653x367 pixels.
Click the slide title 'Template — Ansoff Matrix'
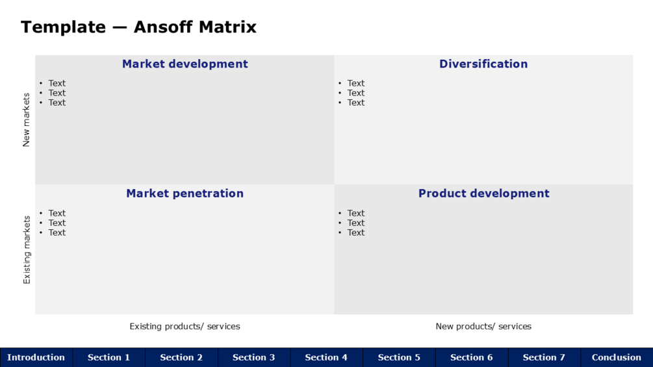pos(138,27)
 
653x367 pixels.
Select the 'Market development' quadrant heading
pos(185,64)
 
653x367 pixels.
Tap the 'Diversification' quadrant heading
pos(483,64)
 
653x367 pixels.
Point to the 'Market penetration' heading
pos(185,194)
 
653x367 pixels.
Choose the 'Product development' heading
pos(484,194)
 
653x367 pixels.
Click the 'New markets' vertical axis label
pos(26,120)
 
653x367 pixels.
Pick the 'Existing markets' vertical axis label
pos(26,249)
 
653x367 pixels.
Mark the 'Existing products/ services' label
pos(185,326)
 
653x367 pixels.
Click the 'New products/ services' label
pos(483,326)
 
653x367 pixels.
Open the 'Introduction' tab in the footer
pos(36,357)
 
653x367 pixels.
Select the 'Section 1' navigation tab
pos(109,357)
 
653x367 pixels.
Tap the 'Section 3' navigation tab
pos(253,357)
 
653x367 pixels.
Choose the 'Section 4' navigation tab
pos(326,357)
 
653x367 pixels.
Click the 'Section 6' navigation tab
pos(472,357)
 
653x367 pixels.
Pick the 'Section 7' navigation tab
pos(544,357)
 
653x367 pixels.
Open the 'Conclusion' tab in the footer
pos(617,357)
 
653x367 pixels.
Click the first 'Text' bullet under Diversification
pos(356,83)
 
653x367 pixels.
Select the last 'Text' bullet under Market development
pos(57,103)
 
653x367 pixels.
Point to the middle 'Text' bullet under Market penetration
pos(57,223)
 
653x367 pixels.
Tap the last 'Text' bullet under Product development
pos(356,233)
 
